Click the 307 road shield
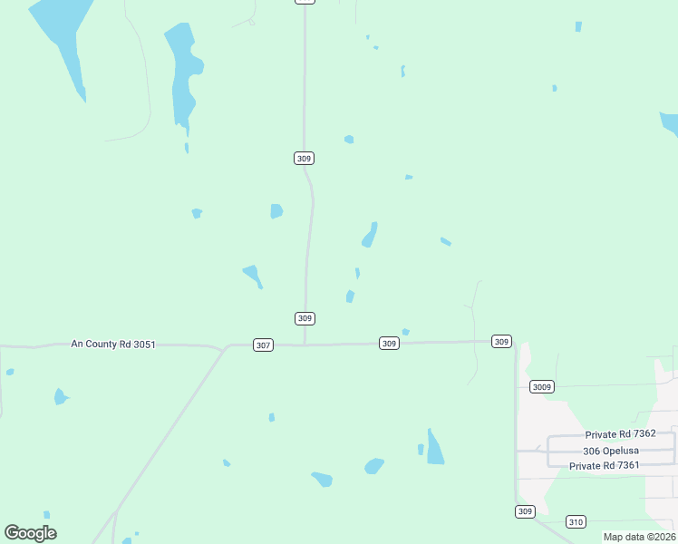click(263, 345)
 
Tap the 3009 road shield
click(541, 387)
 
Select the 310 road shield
click(576, 521)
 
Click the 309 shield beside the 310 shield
click(525, 512)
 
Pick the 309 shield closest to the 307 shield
click(305, 318)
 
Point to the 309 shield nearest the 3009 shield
click(501, 342)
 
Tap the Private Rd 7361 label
click(605, 466)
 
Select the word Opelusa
click(625, 451)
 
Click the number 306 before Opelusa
click(593, 451)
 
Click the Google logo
click(30, 533)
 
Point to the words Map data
click(625, 537)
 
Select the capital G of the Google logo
click(12, 532)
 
